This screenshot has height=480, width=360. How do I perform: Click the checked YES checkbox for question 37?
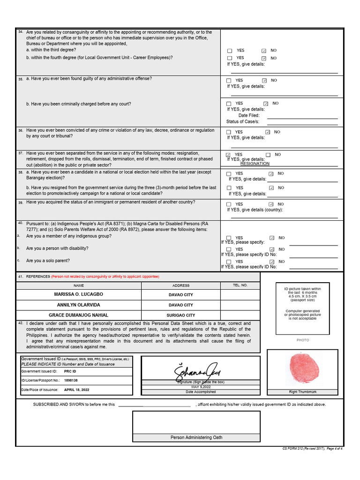click(228, 155)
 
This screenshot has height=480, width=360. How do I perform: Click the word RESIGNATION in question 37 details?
click(255, 164)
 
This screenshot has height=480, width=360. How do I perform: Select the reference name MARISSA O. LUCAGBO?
click(78, 294)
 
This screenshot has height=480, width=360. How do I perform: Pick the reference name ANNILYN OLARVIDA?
click(78, 305)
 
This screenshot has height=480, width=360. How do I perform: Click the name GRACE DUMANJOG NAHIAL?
click(78, 315)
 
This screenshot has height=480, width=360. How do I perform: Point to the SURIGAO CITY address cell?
click(181, 315)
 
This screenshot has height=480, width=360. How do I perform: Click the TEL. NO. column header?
click(240, 285)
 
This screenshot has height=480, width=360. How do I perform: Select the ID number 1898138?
click(71, 380)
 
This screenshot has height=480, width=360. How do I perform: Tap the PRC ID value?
click(70, 371)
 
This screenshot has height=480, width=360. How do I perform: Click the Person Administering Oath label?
click(196, 437)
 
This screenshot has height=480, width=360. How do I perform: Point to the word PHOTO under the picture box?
click(302, 340)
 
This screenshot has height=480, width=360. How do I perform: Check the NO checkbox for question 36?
click(268, 132)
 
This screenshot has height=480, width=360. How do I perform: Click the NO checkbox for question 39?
click(271, 204)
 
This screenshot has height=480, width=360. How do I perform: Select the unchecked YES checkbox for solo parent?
click(229, 262)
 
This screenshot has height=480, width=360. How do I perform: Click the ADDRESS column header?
click(181, 285)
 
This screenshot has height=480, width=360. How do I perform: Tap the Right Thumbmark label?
click(302, 391)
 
